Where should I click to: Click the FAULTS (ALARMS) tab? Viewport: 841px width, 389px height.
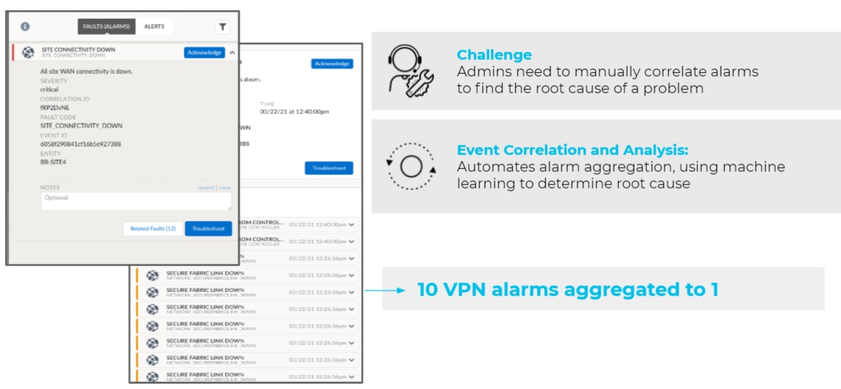(x=107, y=26)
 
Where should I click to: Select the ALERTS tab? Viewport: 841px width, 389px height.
(x=154, y=26)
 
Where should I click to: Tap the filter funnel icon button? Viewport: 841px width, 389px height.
(x=222, y=26)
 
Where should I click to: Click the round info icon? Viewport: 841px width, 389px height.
(x=25, y=26)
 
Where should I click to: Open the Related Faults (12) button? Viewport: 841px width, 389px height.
(x=152, y=228)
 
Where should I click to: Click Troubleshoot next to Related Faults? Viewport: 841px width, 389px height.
(x=208, y=228)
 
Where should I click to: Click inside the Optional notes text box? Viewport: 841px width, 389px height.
(x=136, y=201)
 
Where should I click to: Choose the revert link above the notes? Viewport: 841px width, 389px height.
(x=205, y=188)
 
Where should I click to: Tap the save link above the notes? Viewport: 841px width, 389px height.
(x=226, y=188)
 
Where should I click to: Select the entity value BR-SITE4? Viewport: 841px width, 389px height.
(x=54, y=162)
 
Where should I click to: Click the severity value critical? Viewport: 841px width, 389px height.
(x=49, y=90)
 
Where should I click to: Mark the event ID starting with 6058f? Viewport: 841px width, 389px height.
(x=81, y=144)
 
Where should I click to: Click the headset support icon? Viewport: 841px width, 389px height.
(x=411, y=70)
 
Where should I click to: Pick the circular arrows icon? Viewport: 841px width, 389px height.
(x=411, y=167)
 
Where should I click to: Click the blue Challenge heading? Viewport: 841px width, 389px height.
(x=494, y=55)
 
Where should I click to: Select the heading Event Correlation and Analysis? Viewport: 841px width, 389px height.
(x=572, y=150)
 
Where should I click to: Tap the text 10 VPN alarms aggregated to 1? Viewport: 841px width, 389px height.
(x=567, y=289)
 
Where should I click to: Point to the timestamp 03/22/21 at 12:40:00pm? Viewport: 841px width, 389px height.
(x=294, y=111)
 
